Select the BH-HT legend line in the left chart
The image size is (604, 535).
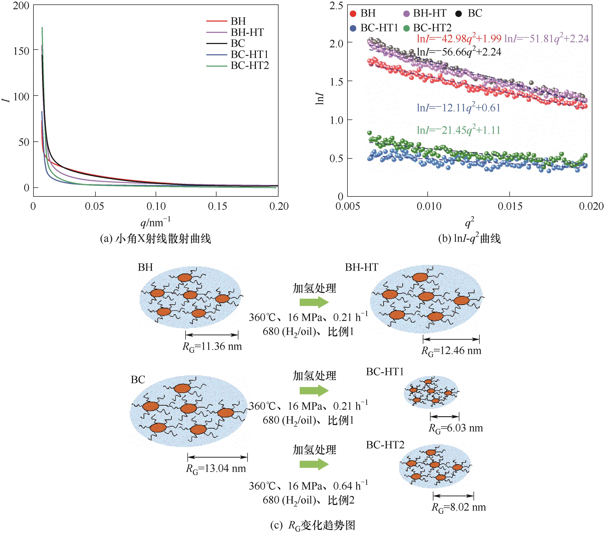(216, 32)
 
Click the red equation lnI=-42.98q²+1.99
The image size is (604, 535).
(459, 39)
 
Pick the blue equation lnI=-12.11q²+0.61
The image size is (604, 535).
(458, 108)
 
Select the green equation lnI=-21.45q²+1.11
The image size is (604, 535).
(458, 130)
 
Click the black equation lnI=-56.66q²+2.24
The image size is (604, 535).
(459, 52)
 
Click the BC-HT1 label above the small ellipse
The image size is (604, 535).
(385, 372)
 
